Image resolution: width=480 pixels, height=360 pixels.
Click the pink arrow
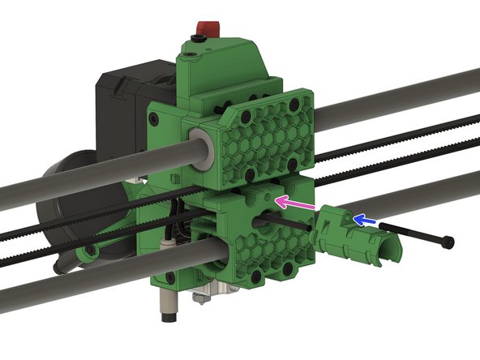pos(294,202)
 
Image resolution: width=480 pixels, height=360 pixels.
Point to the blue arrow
pos(366,220)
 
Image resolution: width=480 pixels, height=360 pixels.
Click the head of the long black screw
pos(448,242)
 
